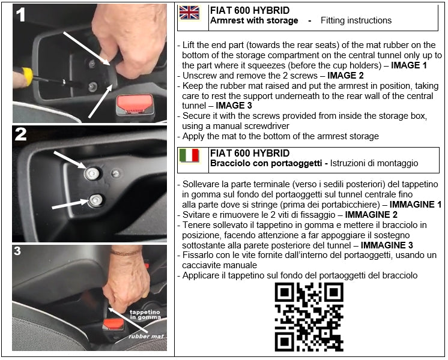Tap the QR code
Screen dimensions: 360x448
pyautogui.click(x=309, y=317)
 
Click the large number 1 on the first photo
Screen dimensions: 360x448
pyautogui.click(x=22, y=15)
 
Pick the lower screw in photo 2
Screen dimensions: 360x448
pyautogui.click(x=95, y=200)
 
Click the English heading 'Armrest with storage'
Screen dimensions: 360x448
pyautogui.click(x=254, y=20)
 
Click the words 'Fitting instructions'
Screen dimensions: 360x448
pyautogui.click(x=356, y=20)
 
